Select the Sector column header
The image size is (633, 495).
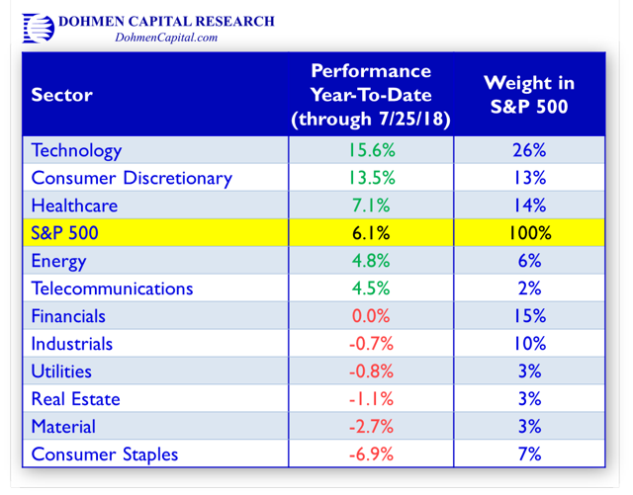61,95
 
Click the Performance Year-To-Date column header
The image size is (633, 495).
371,96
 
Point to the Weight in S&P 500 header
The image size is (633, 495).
529,95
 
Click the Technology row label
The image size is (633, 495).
77,150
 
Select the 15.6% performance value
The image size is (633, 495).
371,150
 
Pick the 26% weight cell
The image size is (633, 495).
529,150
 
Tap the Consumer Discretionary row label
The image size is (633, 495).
132,178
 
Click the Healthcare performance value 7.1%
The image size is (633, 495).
371,206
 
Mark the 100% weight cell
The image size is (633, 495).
529,233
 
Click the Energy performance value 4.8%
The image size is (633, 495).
371,261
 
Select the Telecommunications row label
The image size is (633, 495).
112,289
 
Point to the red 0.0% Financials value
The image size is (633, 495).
371,316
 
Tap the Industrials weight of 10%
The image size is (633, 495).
529,344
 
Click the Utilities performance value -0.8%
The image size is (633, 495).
371,371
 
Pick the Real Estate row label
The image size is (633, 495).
76,399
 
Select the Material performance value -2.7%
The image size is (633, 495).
371,427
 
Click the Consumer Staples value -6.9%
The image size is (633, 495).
371,454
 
